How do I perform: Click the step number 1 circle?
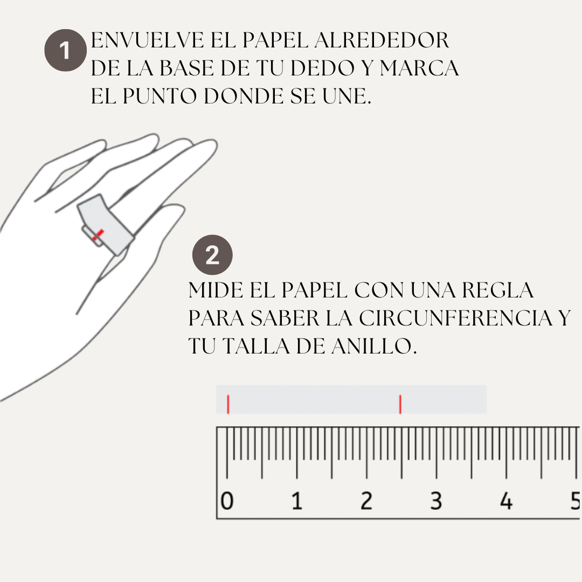pyautogui.click(x=65, y=50)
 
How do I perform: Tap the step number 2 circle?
pyautogui.click(x=212, y=255)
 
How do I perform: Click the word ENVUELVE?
pyautogui.click(x=147, y=40)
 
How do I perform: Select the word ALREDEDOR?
pyautogui.click(x=382, y=40)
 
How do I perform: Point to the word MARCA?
pyautogui.click(x=419, y=68)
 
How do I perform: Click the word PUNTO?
pyautogui.click(x=160, y=96)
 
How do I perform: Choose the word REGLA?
pyautogui.click(x=498, y=290)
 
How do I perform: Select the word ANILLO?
pyautogui.click(x=374, y=347)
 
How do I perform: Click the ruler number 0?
pyautogui.click(x=227, y=501)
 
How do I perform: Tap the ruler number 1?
pyautogui.click(x=297, y=501)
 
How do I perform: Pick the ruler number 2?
pyautogui.click(x=366, y=501)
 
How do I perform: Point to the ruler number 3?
pyautogui.click(x=436, y=501)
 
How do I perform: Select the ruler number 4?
pyautogui.click(x=506, y=501)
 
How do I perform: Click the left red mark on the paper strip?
pyautogui.click(x=228, y=404)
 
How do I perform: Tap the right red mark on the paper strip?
pyautogui.click(x=400, y=404)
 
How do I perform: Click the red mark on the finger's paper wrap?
pyautogui.click(x=98, y=234)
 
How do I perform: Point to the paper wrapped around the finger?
pyautogui.click(x=106, y=225)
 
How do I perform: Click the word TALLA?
pyautogui.click(x=256, y=347)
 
